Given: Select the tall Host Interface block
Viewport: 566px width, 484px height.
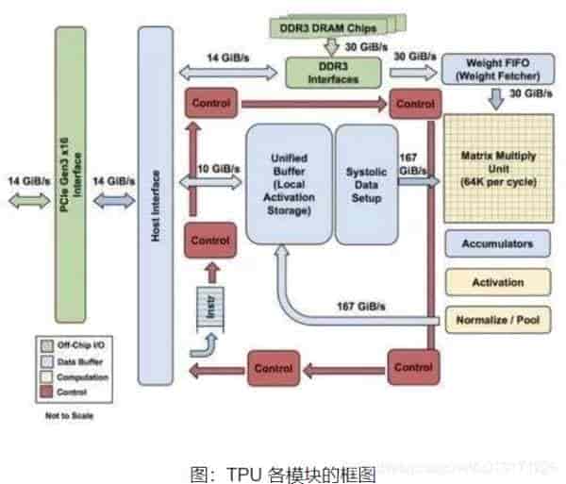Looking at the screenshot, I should point(156,206).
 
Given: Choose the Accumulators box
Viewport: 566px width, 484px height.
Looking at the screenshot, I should point(497,243).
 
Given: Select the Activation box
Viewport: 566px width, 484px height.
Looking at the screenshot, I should point(497,281).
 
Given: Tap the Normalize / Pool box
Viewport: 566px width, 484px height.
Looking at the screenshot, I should point(497,318).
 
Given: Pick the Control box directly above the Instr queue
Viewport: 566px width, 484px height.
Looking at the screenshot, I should point(210,241).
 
